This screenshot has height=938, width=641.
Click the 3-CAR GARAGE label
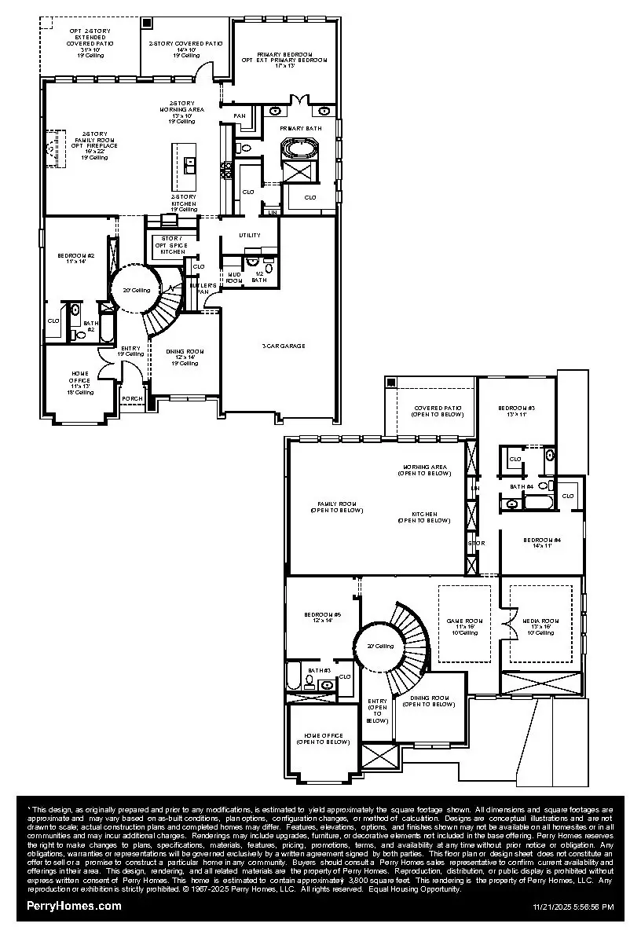pyautogui.click(x=283, y=346)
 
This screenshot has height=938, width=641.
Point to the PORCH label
pyautogui.click(x=132, y=398)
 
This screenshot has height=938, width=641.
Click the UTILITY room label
pyautogui.click(x=250, y=235)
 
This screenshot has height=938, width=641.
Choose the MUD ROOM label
pyautogui.click(x=235, y=277)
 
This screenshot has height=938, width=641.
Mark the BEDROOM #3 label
pyautogui.click(x=517, y=411)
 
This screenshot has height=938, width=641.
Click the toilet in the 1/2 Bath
pyautogui.click(x=252, y=263)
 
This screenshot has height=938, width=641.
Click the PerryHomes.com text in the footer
pyautogui.click(x=74, y=906)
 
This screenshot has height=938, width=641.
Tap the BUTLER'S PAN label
pyautogui.click(x=202, y=288)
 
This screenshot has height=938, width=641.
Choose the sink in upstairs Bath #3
pyautogui.click(x=328, y=684)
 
